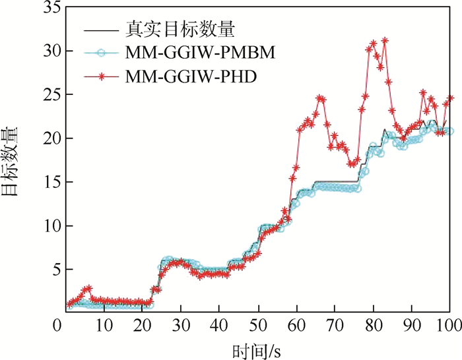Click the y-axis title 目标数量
pyautogui.click(x=14, y=158)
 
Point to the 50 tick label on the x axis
pyautogui.click(x=258, y=325)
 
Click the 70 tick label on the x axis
pyautogui.click(x=336, y=325)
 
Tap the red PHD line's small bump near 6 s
pyautogui.click(x=88, y=288)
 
